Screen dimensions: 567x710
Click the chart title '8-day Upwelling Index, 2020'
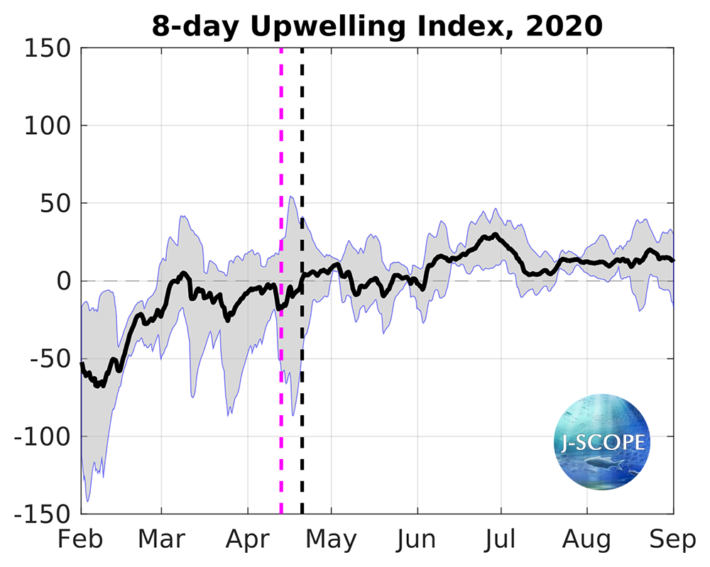377,26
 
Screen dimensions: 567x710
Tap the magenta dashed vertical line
281,177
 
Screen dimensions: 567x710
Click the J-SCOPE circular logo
602,443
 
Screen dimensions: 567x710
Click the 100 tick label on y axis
48,126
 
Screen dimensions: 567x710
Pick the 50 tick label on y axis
55,204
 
